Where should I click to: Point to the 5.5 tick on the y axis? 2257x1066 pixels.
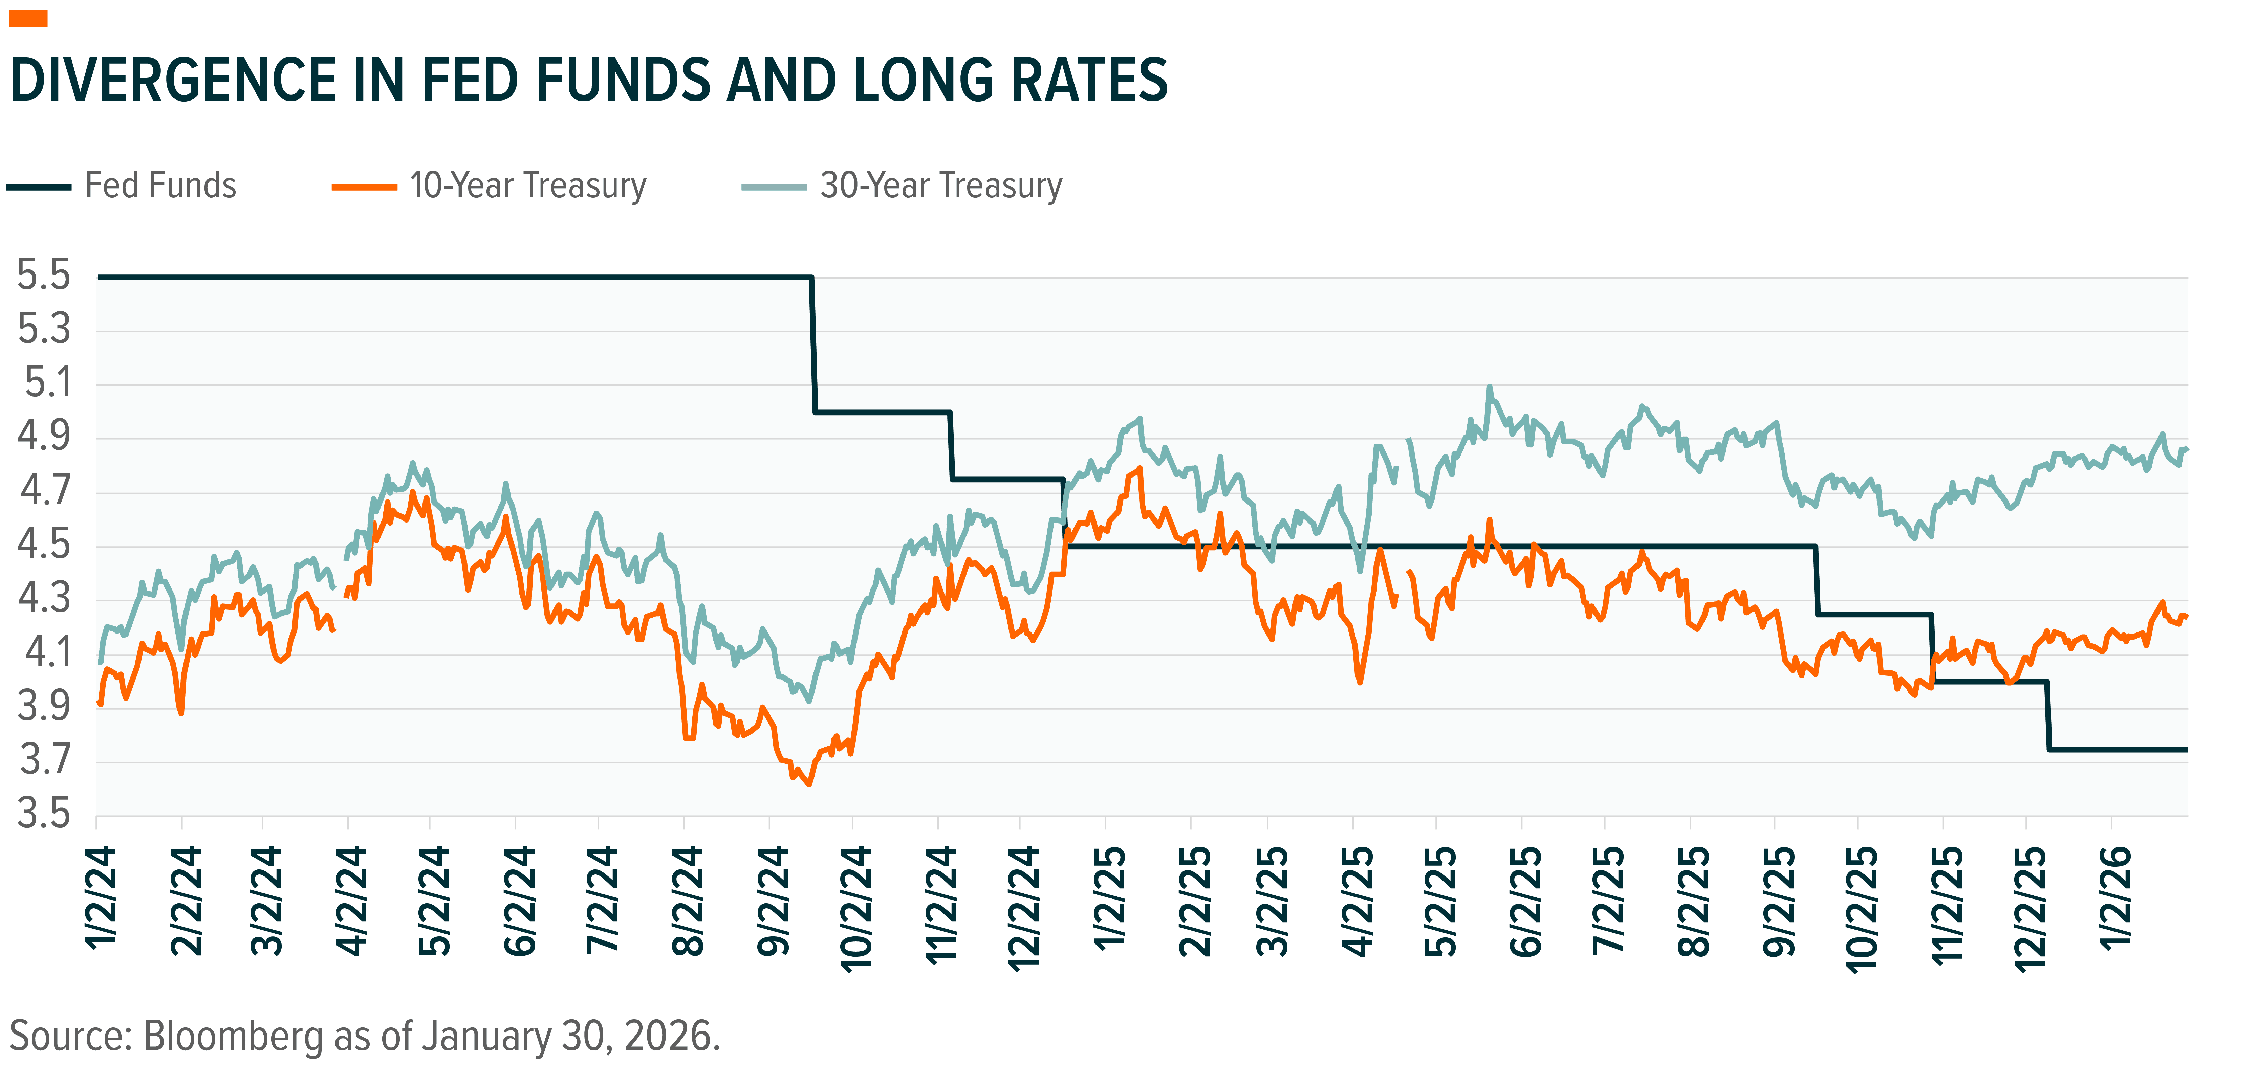(44, 277)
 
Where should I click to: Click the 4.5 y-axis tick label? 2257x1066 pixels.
(44, 547)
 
